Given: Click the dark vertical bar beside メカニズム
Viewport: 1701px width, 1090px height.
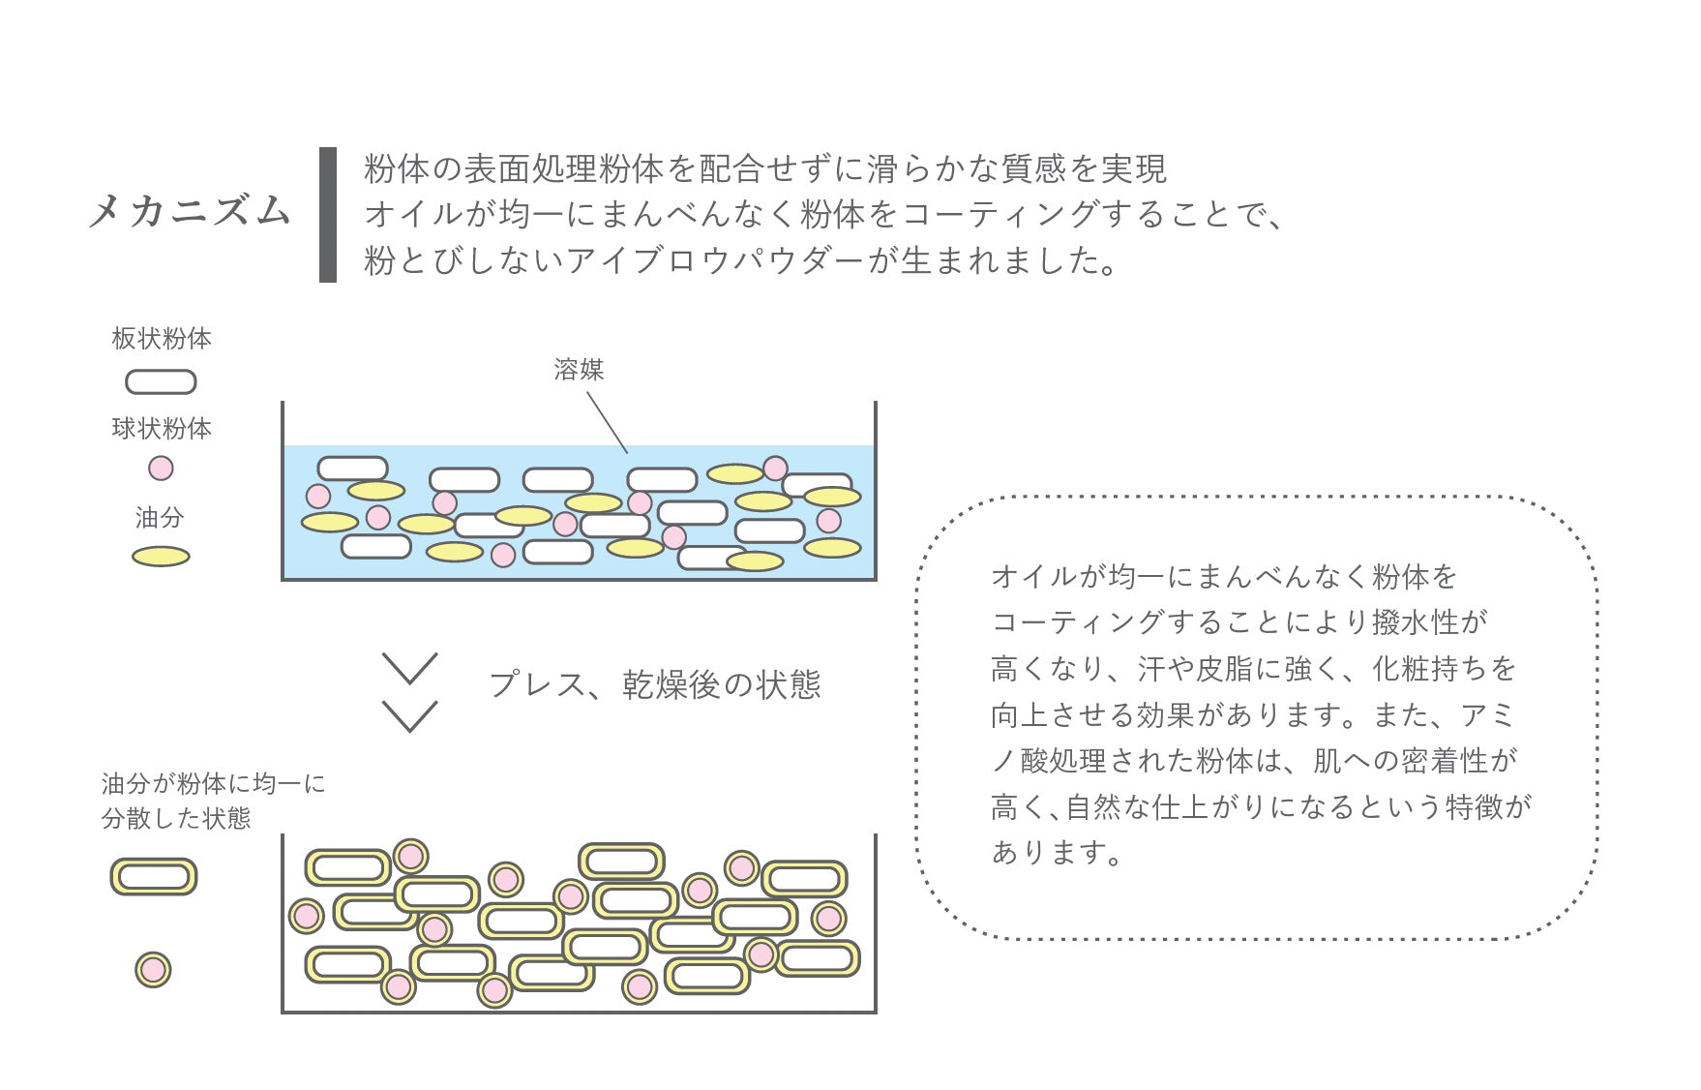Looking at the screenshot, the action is (328, 215).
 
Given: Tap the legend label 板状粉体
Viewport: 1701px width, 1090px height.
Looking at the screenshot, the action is (162, 338).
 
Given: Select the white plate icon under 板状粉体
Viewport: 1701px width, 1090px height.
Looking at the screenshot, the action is (161, 382).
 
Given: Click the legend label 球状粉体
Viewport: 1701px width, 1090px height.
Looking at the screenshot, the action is (162, 428).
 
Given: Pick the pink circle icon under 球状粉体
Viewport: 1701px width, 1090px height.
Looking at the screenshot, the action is (161, 469).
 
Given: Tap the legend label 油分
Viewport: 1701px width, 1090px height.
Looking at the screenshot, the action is (160, 518).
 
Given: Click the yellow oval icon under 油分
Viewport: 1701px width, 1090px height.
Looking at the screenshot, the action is (161, 557).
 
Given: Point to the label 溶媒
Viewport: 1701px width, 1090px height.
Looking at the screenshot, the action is (579, 369).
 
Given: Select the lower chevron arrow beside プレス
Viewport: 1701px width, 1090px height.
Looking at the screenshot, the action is (410, 716).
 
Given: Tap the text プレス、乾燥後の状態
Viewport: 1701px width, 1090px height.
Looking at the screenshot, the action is (655, 684).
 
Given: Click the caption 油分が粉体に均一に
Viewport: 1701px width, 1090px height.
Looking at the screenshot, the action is (214, 783).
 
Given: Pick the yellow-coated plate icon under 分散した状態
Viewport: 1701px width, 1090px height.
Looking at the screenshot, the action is (154, 877).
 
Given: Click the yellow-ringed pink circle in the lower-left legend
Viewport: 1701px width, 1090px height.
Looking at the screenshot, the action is (153, 969).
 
